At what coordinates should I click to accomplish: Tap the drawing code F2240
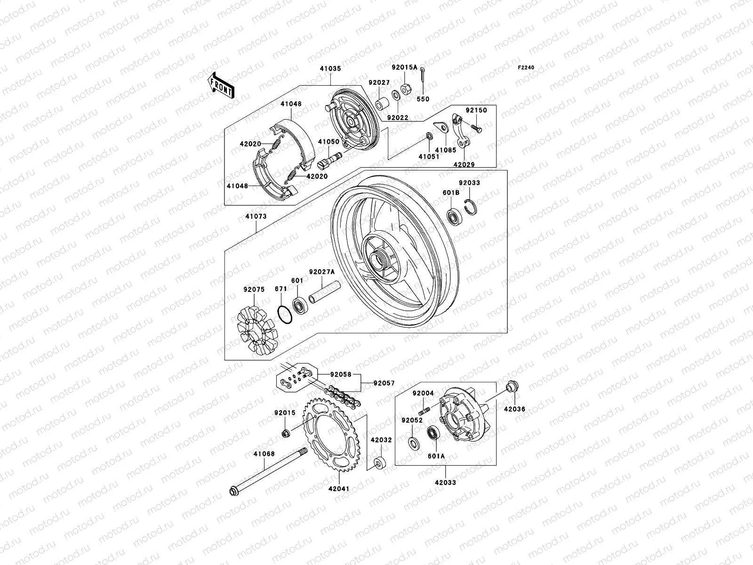pos(526,68)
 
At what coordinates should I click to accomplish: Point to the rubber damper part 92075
pos(256,331)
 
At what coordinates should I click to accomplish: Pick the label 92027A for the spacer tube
pos(322,272)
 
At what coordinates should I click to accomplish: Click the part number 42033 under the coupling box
pos(445,483)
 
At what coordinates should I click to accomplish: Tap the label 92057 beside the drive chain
pos(385,383)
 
